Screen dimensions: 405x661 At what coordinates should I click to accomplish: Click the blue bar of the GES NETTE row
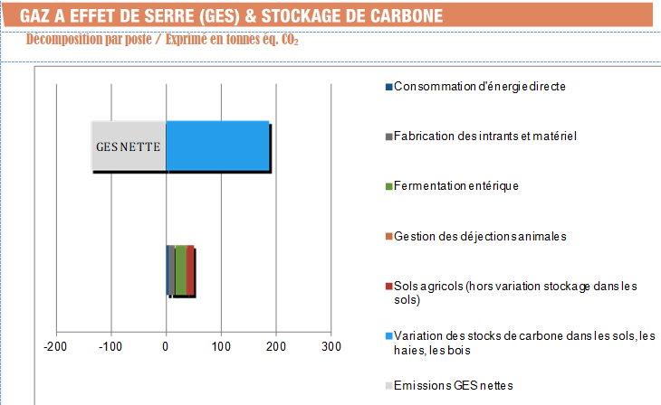tap(217, 146)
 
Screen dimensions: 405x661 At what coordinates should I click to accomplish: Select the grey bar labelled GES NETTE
tap(128, 146)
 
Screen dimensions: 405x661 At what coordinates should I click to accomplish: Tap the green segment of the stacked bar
tap(180, 270)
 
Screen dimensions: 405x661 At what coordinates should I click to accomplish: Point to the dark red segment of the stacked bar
tap(191, 270)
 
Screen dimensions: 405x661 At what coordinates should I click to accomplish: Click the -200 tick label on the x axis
tap(56, 347)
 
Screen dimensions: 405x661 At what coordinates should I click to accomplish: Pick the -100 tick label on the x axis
tap(111, 347)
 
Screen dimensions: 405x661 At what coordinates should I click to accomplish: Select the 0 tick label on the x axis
tap(166, 347)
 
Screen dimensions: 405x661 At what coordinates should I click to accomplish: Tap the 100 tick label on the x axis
tap(221, 347)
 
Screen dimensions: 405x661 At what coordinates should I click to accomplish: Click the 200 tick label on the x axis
tap(276, 347)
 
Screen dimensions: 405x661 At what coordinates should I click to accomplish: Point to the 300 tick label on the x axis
tap(330, 347)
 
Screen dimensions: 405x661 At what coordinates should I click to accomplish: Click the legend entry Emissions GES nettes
tap(453, 386)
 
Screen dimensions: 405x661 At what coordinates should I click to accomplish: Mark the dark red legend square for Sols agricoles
tap(388, 287)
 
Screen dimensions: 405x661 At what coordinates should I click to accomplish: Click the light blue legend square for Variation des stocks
tap(388, 336)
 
